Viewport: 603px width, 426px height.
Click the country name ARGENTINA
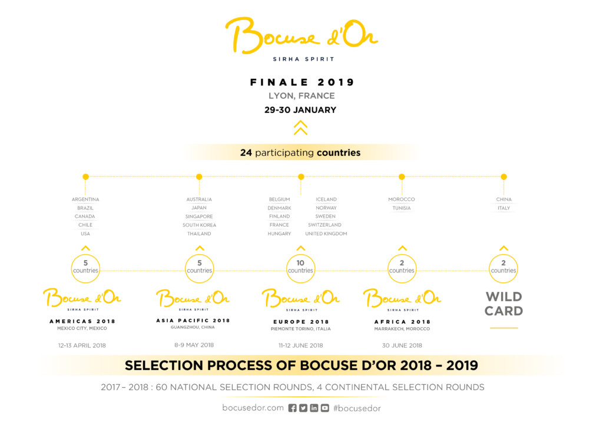click(85, 199)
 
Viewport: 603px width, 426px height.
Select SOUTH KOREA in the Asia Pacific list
click(199, 225)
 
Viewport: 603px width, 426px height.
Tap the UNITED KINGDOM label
click(326, 234)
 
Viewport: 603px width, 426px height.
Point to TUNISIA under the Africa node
click(402, 208)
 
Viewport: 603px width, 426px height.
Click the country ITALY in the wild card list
click(504, 208)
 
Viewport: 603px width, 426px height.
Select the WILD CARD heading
click(504, 304)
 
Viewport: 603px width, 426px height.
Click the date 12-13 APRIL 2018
click(82, 345)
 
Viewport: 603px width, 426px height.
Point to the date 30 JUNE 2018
click(402, 345)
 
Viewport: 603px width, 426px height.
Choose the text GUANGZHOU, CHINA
click(193, 327)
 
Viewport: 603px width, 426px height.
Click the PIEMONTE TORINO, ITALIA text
click(301, 329)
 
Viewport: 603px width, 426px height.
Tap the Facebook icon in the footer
click(292, 408)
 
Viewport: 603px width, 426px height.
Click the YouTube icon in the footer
click(325, 408)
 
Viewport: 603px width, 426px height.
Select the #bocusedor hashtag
click(357, 408)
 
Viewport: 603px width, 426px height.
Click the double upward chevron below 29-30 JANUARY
click(301, 128)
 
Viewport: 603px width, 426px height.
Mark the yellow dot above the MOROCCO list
click(402, 177)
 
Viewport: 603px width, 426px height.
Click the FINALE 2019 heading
click(302, 82)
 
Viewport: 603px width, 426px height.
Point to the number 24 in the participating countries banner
click(246, 153)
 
